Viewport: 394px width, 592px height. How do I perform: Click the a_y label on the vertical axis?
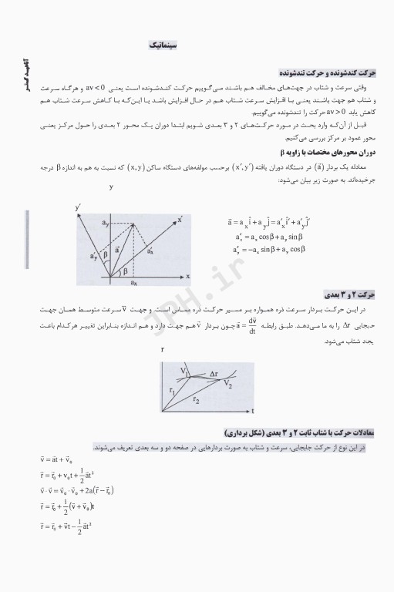105,223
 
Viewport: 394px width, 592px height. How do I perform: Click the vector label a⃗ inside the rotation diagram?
117,249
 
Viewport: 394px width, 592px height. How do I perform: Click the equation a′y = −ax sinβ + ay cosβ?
269,250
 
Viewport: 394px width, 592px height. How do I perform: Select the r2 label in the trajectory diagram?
197,401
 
